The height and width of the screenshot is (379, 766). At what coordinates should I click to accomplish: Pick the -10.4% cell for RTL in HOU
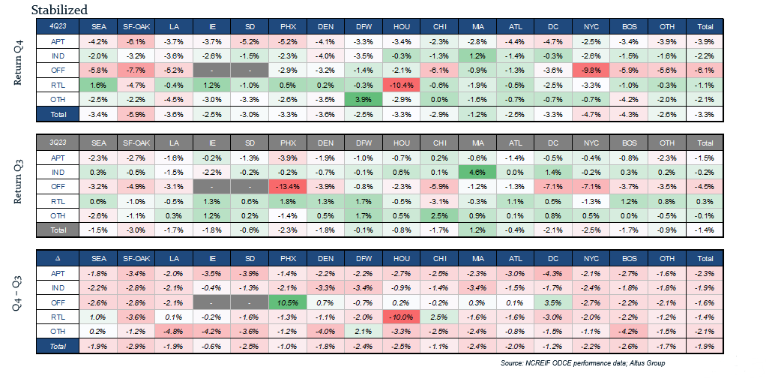point(401,85)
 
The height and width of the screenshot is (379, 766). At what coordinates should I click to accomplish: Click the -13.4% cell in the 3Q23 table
point(289,187)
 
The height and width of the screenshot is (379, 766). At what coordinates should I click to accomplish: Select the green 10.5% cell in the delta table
point(289,302)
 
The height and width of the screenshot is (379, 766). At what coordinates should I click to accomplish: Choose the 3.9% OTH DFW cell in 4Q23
point(362,100)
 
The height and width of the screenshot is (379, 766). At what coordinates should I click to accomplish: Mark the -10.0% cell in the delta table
point(401,317)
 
